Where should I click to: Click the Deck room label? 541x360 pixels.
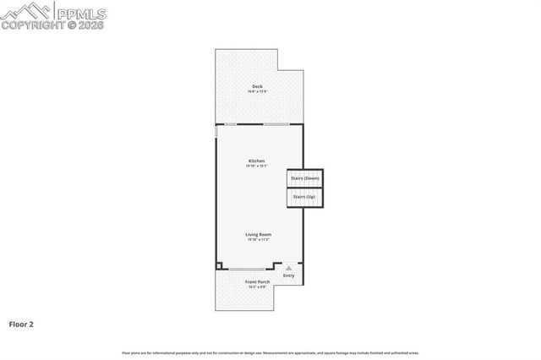[257, 85]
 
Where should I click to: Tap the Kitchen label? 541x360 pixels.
[256, 161]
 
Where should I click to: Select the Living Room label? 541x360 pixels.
[258, 234]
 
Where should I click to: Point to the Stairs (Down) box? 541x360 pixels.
[304, 178]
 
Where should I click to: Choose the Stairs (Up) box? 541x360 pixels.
[304, 197]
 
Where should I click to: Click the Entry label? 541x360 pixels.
[289, 275]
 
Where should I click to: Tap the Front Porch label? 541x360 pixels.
[257, 281]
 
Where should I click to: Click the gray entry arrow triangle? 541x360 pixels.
[289, 268]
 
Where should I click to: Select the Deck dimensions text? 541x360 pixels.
[257, 91]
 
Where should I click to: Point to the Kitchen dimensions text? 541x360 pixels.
[256, 166]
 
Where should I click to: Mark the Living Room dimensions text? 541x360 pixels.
[258, 240]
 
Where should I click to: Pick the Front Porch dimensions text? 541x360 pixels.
[257, 287]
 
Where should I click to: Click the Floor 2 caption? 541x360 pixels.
[21, 324]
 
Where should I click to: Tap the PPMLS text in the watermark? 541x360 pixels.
[81, 12]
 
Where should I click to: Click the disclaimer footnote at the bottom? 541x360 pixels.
[270, 352]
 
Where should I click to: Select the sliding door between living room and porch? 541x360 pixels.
[245, 269]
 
